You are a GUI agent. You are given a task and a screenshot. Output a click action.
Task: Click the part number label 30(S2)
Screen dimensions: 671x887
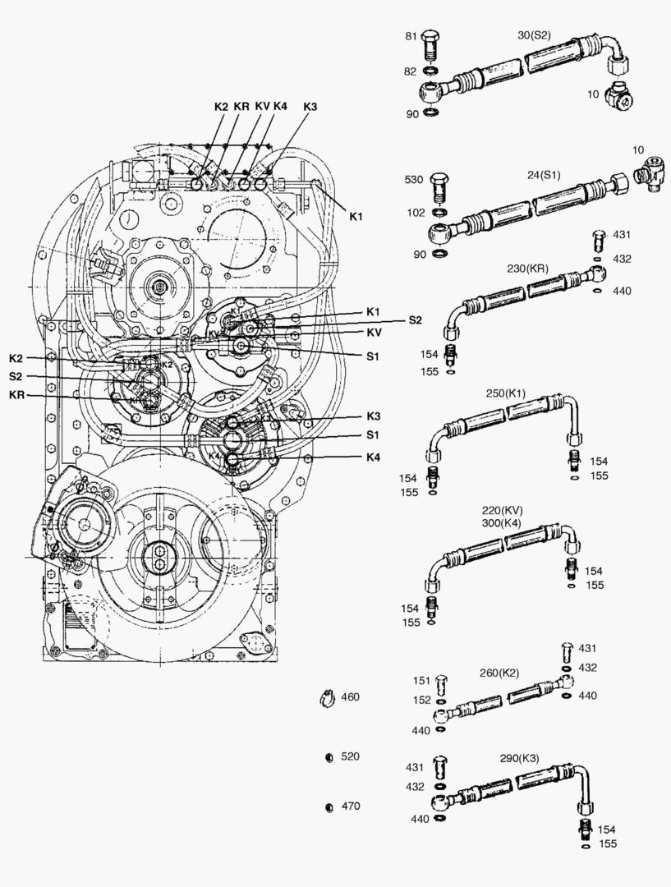[x=534, y=35]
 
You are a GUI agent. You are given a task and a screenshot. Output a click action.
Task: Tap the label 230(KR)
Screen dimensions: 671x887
[x=527, y=269]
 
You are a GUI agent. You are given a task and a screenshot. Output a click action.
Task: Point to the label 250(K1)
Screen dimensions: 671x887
[x=506, y=393]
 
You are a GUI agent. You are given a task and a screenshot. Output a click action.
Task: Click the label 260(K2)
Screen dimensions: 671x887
[x=499, y=673]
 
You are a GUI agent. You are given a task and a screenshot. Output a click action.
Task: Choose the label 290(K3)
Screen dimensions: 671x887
[x=519, y=758]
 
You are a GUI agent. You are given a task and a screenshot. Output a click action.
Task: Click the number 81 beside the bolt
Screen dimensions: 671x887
[x=411, y=36]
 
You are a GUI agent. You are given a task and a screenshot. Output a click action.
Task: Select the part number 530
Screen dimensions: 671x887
[x=414, y=179]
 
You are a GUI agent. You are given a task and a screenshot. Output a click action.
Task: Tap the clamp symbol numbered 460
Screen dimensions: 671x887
[x=327, y=699]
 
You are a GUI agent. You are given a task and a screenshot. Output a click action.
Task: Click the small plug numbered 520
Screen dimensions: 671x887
[x=329, y=757]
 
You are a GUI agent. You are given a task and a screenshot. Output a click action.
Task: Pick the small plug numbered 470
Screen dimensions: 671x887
[x=329, y=807]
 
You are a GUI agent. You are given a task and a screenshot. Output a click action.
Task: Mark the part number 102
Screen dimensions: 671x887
[x=416, y=213]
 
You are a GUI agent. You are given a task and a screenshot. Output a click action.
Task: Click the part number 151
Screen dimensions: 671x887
[x=421, y=681]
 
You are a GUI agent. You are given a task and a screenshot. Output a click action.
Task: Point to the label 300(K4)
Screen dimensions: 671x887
[x=501, y=522]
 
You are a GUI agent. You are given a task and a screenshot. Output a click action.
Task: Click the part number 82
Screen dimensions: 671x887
[x=410, y=71]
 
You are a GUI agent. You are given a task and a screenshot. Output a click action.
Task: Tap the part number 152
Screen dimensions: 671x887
[x=421, y=700]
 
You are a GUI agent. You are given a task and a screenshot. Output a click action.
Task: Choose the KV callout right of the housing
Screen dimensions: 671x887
[x=374, y=332]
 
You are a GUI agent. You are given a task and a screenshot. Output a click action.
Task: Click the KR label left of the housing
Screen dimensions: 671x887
[x=17, y=395]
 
